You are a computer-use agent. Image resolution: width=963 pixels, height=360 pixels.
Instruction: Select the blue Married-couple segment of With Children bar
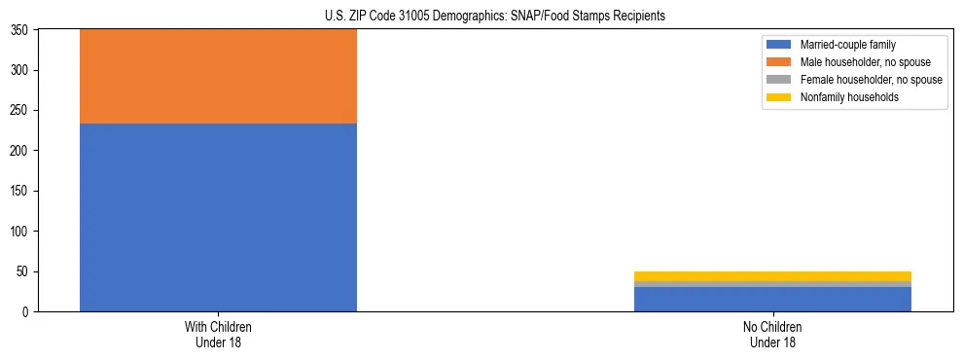point(218,217)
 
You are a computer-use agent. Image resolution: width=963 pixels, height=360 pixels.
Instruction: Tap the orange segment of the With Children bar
point(218,76)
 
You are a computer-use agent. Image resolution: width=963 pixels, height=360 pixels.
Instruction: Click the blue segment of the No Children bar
point(772,299)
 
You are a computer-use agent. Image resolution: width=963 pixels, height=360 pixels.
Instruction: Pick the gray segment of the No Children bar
point(772,284)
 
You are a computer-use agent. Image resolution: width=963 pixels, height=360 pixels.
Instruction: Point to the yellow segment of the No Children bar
point(772,276)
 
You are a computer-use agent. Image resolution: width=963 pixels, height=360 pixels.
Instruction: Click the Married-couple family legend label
point(847,45)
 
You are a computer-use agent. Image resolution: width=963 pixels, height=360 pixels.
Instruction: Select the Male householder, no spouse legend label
point(866,62)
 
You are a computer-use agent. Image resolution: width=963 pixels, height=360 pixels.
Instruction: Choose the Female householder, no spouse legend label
point(871,80)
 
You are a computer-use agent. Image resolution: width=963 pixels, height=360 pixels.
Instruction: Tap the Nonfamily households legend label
point(849,97)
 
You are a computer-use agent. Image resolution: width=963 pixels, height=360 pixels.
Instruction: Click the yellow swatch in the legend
point(780,97)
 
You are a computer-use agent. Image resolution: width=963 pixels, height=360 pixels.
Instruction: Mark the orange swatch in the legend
point(780,62)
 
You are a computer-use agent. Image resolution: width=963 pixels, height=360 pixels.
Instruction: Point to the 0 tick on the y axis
point(28,312)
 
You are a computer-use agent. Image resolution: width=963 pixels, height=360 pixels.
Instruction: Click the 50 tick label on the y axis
point(25,271)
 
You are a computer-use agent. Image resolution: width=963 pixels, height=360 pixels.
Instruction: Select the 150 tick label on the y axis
point(22,191)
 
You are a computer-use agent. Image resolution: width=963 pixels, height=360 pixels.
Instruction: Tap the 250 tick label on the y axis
point(22,110)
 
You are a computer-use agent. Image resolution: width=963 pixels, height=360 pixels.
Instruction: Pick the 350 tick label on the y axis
point(22,30)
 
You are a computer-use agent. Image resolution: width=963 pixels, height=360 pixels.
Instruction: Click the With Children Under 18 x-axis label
point(218,335)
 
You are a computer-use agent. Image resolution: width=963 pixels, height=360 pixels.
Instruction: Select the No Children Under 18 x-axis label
point(772,335)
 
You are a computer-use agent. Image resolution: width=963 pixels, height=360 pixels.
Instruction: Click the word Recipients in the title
point(638,17)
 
